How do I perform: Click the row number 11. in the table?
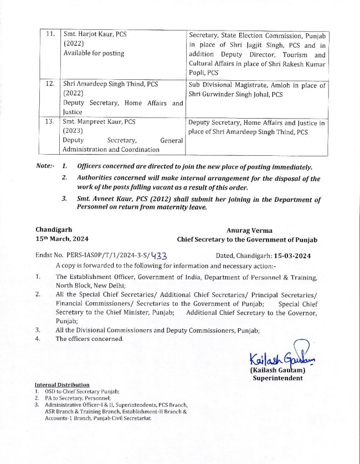pos(50,34)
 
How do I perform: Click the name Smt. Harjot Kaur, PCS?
pos(95,34)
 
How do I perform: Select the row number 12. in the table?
pos(50,85)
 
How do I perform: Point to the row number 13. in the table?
pos(50,121)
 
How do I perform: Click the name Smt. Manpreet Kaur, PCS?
pos(97,121)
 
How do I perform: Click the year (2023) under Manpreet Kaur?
pos(73,131)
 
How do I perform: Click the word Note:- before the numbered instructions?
pos(45,166)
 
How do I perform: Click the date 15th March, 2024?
pos(60,239)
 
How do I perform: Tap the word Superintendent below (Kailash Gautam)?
pos(277,378)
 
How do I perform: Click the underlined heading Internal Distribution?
pos(61,385)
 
